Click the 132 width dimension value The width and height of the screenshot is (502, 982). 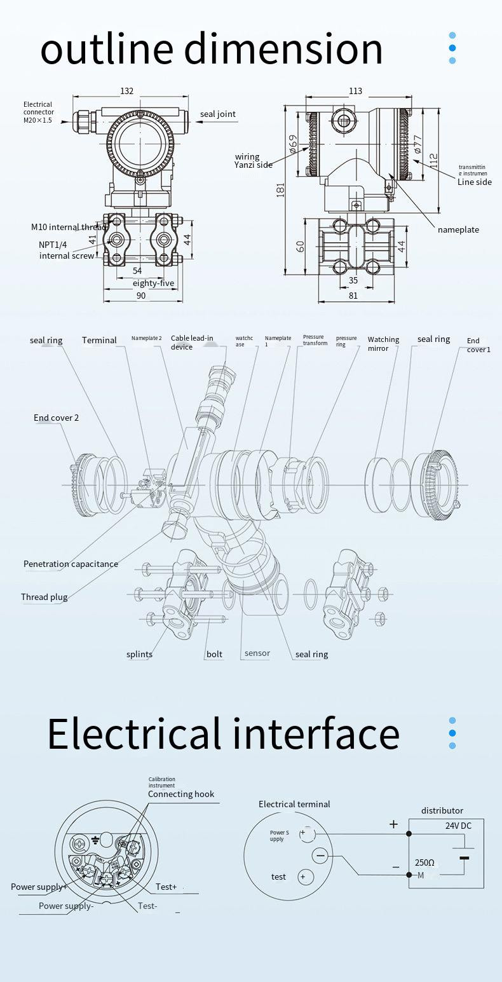(x=127, y=91)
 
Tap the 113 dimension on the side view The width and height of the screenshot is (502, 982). (x=355, y=91)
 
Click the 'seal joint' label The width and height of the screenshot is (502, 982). (x=218, y=114)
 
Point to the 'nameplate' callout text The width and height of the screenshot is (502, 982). (x=458, y=229)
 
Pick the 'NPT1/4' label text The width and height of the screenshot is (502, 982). (x=53, y=245)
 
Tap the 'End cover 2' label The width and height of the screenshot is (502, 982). (x=57, y=418)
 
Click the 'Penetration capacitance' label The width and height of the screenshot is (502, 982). (x=71, y=564)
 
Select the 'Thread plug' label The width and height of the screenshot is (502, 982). (x=44, y=597)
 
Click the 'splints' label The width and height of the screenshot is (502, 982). (x=139, y=654)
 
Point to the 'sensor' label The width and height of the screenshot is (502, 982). (x=257, y=653)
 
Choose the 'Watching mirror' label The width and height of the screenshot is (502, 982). (x=383, y=344)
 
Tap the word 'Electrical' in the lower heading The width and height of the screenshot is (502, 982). (x=133, y=733)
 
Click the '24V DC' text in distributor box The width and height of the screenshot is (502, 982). (x=458, y=826)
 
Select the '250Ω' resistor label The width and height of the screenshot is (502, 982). (x=424, y=863)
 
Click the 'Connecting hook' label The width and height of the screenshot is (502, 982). (x=181, y=794)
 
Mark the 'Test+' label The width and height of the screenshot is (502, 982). (x=166, y=887)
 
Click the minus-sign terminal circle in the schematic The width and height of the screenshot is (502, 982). (x=320, y=856)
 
